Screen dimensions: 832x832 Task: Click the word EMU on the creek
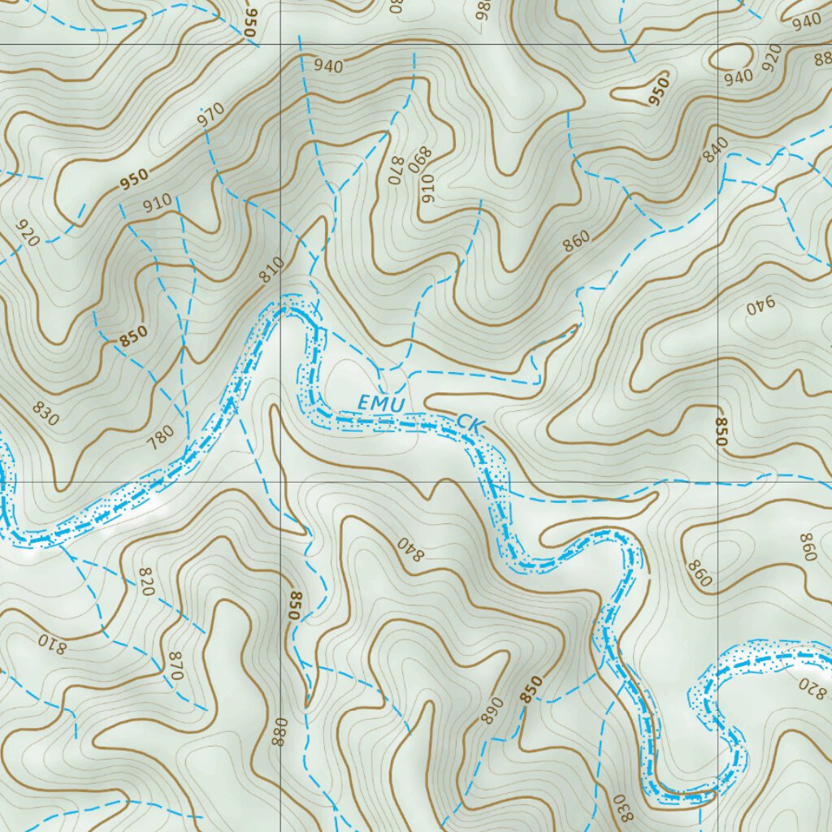point(380,401)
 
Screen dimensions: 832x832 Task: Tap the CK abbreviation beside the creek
point(470,422)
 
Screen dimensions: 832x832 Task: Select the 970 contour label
point(210,118)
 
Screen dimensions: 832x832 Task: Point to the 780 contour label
point(160,441)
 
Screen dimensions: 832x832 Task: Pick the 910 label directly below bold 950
point(157,201)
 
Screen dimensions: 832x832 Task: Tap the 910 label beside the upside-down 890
point(427,188)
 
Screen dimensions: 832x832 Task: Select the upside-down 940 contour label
point(760,306)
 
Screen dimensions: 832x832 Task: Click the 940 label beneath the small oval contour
point(739,77)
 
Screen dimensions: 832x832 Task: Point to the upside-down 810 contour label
point(50,643)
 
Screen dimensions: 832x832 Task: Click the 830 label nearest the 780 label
point(46,414)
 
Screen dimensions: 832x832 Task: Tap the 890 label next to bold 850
point(491,710)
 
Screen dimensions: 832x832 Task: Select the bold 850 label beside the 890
point(530,689)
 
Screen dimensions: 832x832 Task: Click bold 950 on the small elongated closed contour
point(659,91)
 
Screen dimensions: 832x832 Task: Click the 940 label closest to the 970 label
point(327,66)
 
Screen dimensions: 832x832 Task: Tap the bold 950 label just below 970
point(134,179)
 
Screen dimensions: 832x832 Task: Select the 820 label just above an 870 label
point(146,583)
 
